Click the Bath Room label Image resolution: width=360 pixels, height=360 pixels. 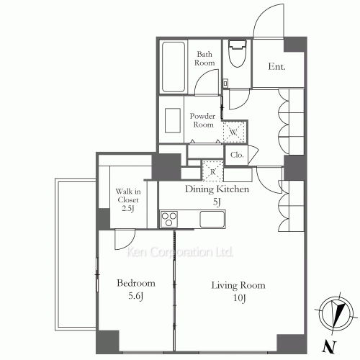click(x=204, y=58)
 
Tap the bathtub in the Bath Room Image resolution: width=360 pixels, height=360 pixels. click(x=174, y=67)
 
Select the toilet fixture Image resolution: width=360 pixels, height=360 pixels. click(x=238, y=53)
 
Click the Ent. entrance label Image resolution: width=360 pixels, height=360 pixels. click(x=276, y=66)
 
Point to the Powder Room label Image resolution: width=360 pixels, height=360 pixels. click(x=202, y=120)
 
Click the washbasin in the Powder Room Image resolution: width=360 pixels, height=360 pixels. click(x=173, y=120)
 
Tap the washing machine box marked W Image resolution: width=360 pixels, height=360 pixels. click(x=234, y=132)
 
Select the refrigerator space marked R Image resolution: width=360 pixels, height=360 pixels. click(x=213, y=171)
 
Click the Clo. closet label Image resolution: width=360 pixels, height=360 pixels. click(x=237, y=155)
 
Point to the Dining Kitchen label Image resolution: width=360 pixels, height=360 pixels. click(x=217, y=189)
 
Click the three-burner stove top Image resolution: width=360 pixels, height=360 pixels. click(x=169, y=219)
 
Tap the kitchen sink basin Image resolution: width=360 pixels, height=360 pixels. click(x=212, y=219)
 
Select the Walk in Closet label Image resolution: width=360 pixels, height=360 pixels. click(x=128, y=199)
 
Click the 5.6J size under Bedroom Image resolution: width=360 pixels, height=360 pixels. click(x=136, y=296)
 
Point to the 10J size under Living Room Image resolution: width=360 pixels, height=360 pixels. click(x=239, y=298)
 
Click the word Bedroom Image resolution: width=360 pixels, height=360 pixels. click(x=136, y=283)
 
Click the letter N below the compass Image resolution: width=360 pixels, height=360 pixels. click(x=330, y=347)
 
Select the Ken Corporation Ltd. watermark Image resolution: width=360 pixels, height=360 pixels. click(x=180, y=252)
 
